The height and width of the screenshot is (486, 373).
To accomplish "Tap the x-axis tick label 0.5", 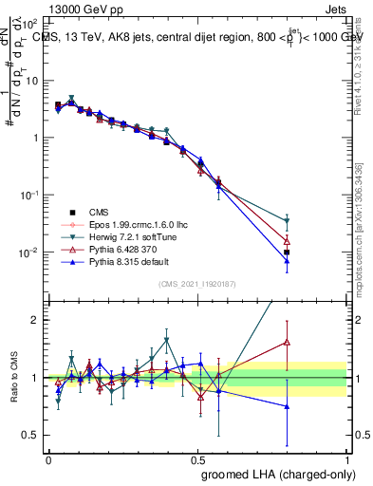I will [x=198, y=460].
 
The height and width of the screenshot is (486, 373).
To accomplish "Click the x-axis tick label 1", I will [x=348, y=460].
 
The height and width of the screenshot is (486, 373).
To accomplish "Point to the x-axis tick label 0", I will [x=48, y=460].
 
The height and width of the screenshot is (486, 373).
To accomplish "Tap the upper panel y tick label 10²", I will [x=30, y=22].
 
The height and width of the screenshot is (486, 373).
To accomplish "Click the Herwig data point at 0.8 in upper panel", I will [x=287, y=221].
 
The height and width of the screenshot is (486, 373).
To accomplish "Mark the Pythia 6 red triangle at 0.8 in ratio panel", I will [x=287, y=342].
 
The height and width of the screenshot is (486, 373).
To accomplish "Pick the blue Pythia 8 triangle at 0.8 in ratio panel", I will [x=287, y=406].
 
